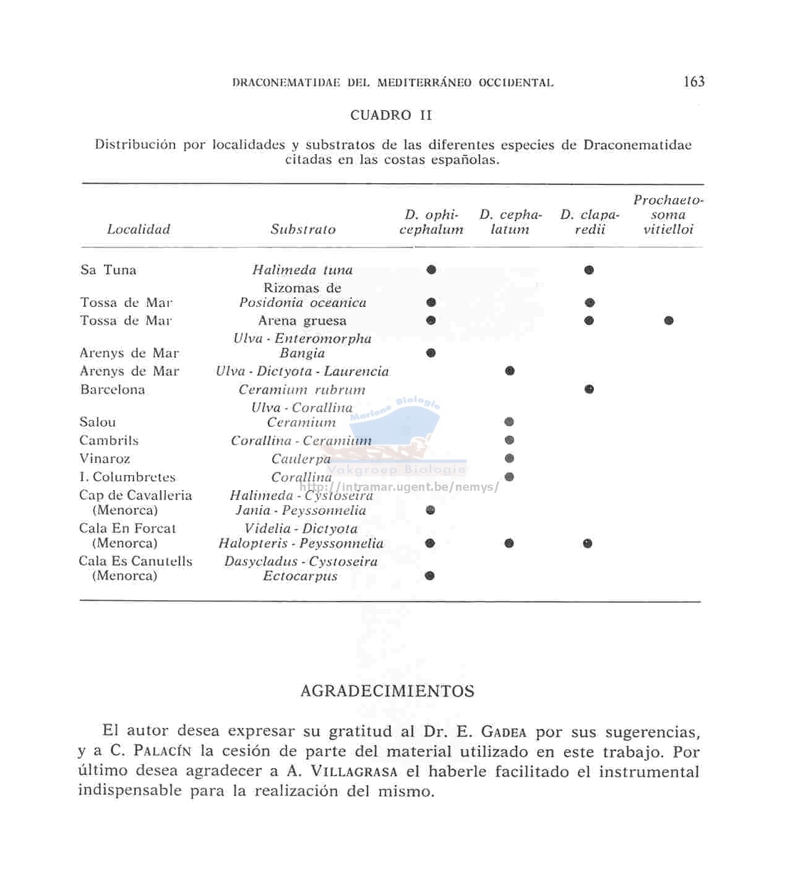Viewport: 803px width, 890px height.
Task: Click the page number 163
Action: click(x=694, y=82)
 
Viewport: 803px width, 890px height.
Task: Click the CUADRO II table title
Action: click(x=391, y=115)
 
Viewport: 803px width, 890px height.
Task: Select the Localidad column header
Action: click(x=139, y=229)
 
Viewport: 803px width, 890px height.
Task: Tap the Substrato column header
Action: click(x=303, y=229)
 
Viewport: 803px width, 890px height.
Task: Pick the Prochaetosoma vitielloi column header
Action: click(x=668, y=215)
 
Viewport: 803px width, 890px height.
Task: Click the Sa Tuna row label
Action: click(x=108, y=270)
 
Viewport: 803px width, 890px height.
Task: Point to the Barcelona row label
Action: click(x=113, y=390)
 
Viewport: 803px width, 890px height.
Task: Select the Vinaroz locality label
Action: click(x=105, y=459)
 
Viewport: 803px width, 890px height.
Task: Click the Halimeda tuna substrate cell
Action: click(x=303, y=270)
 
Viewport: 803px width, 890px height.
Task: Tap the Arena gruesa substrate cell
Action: click(x=303, y=321)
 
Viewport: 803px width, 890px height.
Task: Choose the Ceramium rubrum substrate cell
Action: click(x=303, y=390)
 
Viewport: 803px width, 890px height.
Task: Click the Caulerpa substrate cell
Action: click(x=301, y=459)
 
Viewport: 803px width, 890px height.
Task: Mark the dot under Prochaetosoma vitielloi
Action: click(x=668, y=321)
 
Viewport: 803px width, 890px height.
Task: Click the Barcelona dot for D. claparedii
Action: click(x=589, y=389)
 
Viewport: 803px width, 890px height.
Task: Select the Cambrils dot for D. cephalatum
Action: click(x=509, y=440)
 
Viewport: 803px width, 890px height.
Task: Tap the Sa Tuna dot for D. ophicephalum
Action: click(x=431, y=269)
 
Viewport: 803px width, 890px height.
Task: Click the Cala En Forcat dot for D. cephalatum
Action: click(x=509, y=543)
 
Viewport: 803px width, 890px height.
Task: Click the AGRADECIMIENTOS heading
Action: click(x=387, y=691)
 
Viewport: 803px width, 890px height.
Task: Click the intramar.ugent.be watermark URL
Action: click(x=399, y=487)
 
